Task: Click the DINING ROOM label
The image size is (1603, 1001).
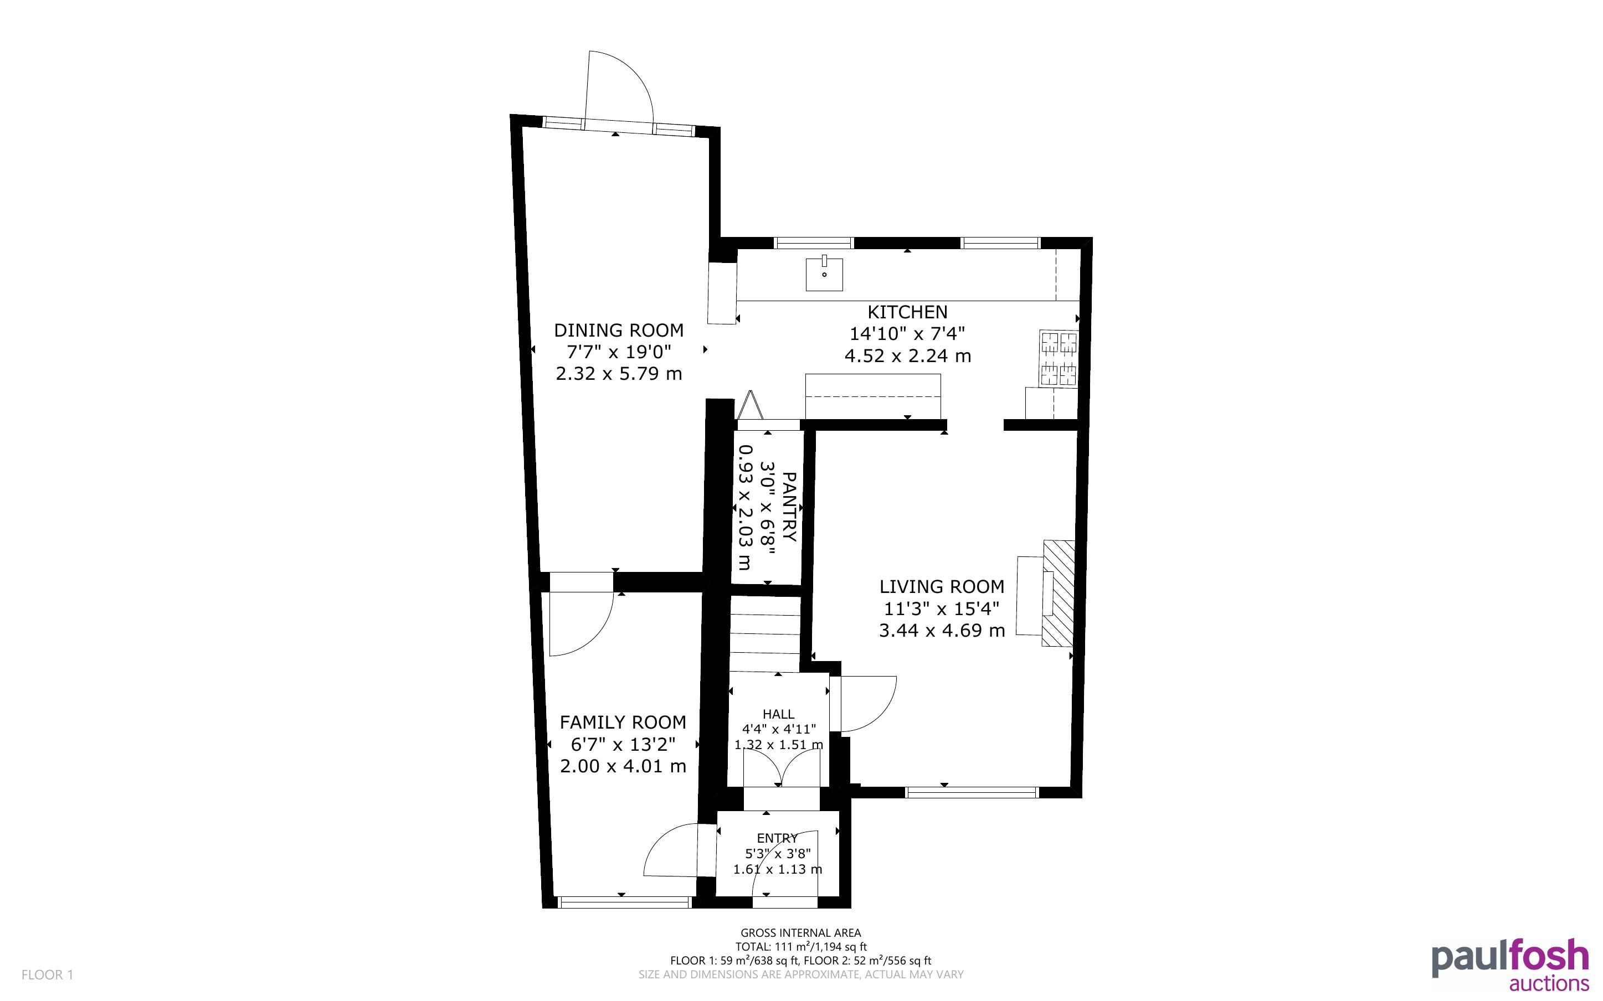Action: pos(618,331)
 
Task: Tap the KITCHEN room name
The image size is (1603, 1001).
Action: pos(907,312)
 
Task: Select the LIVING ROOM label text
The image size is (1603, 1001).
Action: pos(942,586)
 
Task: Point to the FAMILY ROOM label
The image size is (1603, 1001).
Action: pos(623,723)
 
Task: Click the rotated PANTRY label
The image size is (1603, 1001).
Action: pos(789,507)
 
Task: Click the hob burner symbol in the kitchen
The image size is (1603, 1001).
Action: pos(1059,358)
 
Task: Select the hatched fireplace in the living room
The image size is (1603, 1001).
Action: pos(1058,593)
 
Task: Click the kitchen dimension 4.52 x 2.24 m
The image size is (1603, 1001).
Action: pos(907,356)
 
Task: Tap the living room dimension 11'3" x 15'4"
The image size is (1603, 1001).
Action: pos(942,609)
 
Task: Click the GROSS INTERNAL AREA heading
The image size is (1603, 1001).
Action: pos(800,933)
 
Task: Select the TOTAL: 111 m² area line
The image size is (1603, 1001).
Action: pos(800,947)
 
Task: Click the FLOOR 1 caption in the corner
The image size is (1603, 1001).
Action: pos(47,974)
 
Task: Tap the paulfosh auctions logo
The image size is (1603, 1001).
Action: pos(1509,964)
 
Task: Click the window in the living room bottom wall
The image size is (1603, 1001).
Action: pos(972,792)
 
